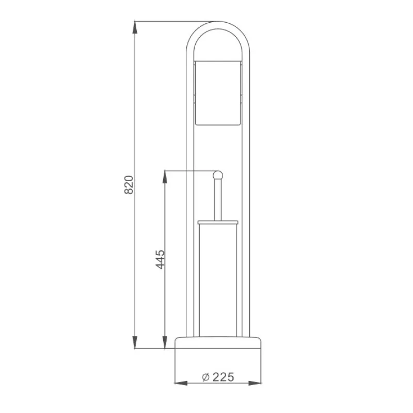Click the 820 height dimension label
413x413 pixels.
coord(129,185)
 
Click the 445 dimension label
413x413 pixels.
coord(160,260)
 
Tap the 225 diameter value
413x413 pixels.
coord(224,377)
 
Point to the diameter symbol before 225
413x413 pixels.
coord(205,377)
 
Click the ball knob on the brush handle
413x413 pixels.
coord(218,176)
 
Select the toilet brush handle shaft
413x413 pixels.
coord(218,200)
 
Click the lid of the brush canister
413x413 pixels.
coord(218,223)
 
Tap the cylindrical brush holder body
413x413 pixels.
coord(218,280)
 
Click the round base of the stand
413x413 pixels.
coord(218,342)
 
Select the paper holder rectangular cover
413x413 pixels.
coord(218,93)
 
